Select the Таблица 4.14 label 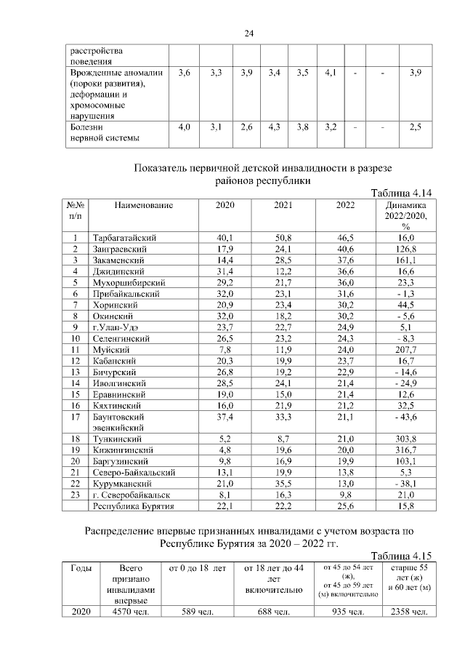coord(402,193)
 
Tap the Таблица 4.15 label coord(402,554)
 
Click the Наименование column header coord(143,206)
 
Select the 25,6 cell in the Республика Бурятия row coord(345,506)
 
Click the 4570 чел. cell coord(132,612)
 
